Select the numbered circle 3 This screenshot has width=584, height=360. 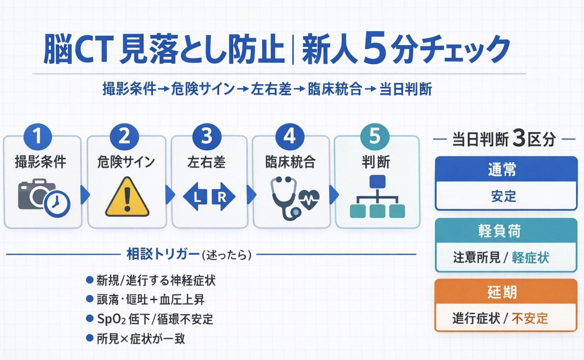207,136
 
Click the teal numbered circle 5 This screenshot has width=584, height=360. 375,136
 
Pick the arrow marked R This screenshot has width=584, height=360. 223,197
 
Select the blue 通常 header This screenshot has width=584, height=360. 506,169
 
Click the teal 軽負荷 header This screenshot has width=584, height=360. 506,231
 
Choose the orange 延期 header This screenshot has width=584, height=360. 506,292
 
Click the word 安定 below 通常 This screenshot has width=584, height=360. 504,196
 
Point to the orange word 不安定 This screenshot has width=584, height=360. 530,318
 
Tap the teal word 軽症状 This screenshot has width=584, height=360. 530,257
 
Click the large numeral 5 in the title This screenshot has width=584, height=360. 375,49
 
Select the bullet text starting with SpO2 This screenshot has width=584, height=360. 155,319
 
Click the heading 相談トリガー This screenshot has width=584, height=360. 163,254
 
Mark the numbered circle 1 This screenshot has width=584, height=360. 38,136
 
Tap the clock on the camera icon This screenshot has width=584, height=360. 57,204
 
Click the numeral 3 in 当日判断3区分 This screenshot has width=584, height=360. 518,139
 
